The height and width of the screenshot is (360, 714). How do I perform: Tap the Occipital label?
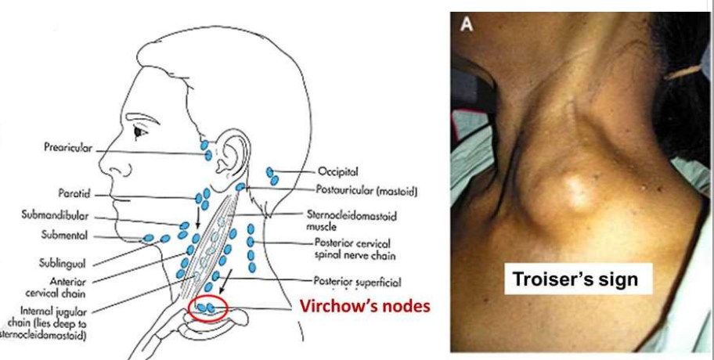pyautogui.click(x=337, y=171)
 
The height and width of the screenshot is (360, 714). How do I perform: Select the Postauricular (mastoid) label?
pyautogui.click(x=365, y=190)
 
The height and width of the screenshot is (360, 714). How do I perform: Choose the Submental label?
pyautogui.click(x=63, y=236)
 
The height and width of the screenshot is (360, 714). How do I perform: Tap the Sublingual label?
pyautogui.click(x=62, y=265)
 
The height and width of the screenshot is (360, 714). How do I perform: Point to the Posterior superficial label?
pyautogui.click(x=357, y=282)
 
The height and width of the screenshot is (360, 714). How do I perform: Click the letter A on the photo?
pyautogui.click(x=467, y=24)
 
